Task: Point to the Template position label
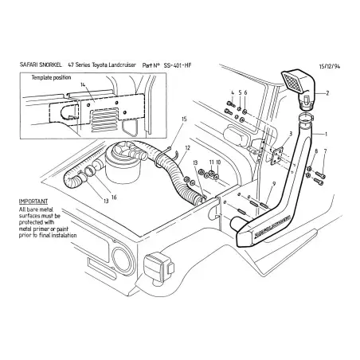coord(52,77)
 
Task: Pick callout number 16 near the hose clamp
coord(113,197)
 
